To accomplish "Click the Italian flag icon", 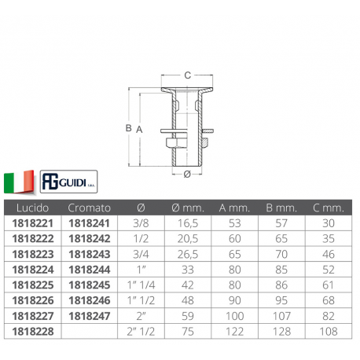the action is tap(19, 182).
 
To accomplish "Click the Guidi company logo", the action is tap(68, 182).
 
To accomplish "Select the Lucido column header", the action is tap(32, 208).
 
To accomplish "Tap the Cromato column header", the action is tap(89, 208).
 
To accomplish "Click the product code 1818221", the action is tap(33, 223).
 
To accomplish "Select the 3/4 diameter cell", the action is tap(141, 254).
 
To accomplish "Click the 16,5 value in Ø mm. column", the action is tap(188, 223).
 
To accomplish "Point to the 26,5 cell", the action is tap(188, 254).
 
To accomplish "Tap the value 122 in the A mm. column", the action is tap(234, 332).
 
